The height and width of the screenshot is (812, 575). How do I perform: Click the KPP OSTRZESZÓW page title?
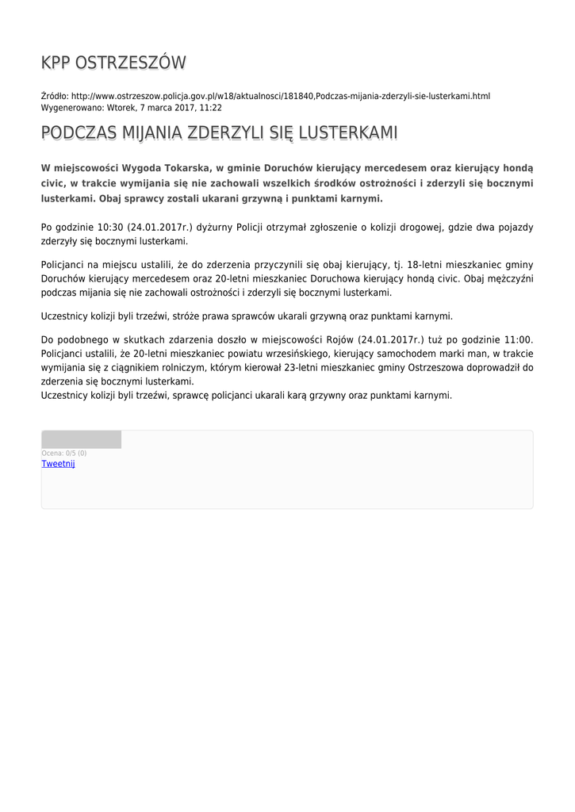113,63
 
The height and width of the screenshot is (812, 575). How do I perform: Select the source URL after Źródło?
281,96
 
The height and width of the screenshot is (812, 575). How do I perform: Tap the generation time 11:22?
210,108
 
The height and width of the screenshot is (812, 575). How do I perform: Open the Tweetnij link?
58,464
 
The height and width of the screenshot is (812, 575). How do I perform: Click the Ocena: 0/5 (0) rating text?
63,453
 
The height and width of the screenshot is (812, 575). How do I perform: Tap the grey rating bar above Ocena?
81,439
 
